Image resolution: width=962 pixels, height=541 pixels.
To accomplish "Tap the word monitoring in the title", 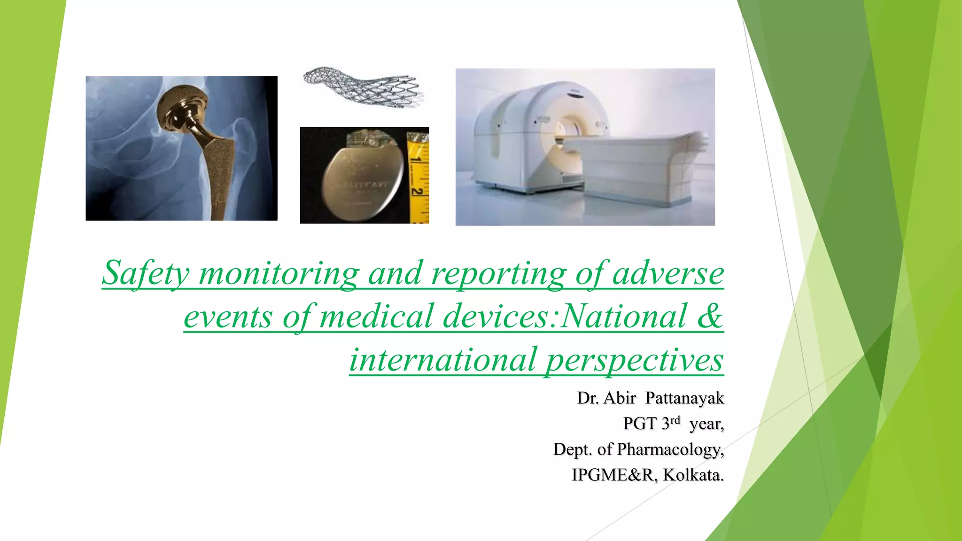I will pyautogui.click(x=279, y=273).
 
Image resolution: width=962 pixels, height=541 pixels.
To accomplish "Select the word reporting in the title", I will pyautogui.click(x=499, y=273).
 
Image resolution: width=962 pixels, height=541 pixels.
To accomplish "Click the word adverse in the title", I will pyautogui.click(x=668, y=273).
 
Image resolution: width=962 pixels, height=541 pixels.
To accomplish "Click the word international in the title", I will pyautogui.click(x=443, y=360).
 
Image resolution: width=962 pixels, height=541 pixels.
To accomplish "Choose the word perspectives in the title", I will pyautogui.click(x=634, y=360).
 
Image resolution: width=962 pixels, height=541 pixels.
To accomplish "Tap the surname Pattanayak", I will pyautogui.click(x=684, y=398).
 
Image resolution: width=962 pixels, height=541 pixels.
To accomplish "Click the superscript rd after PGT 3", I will pyautogui.click(x=675, y=420).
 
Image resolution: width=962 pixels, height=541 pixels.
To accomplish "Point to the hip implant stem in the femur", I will pyautogui.click(x=221, y=174).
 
